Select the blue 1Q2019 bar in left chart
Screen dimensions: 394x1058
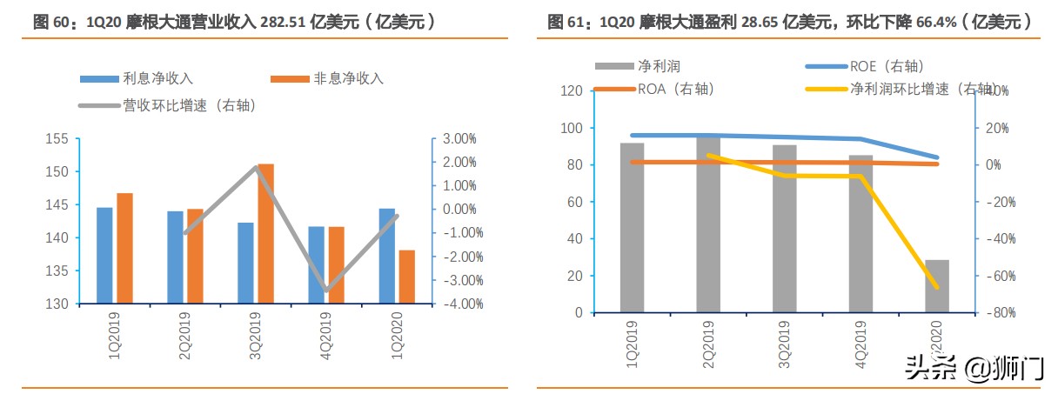[104, 256]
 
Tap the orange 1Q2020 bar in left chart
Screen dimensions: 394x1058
[406, 277]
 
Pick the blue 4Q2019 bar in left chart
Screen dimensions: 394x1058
[317, 265]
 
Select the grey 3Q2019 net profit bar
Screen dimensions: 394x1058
[784, 229]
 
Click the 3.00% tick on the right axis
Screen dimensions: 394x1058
[460, 139]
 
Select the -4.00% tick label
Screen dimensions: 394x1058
[459, 304]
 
